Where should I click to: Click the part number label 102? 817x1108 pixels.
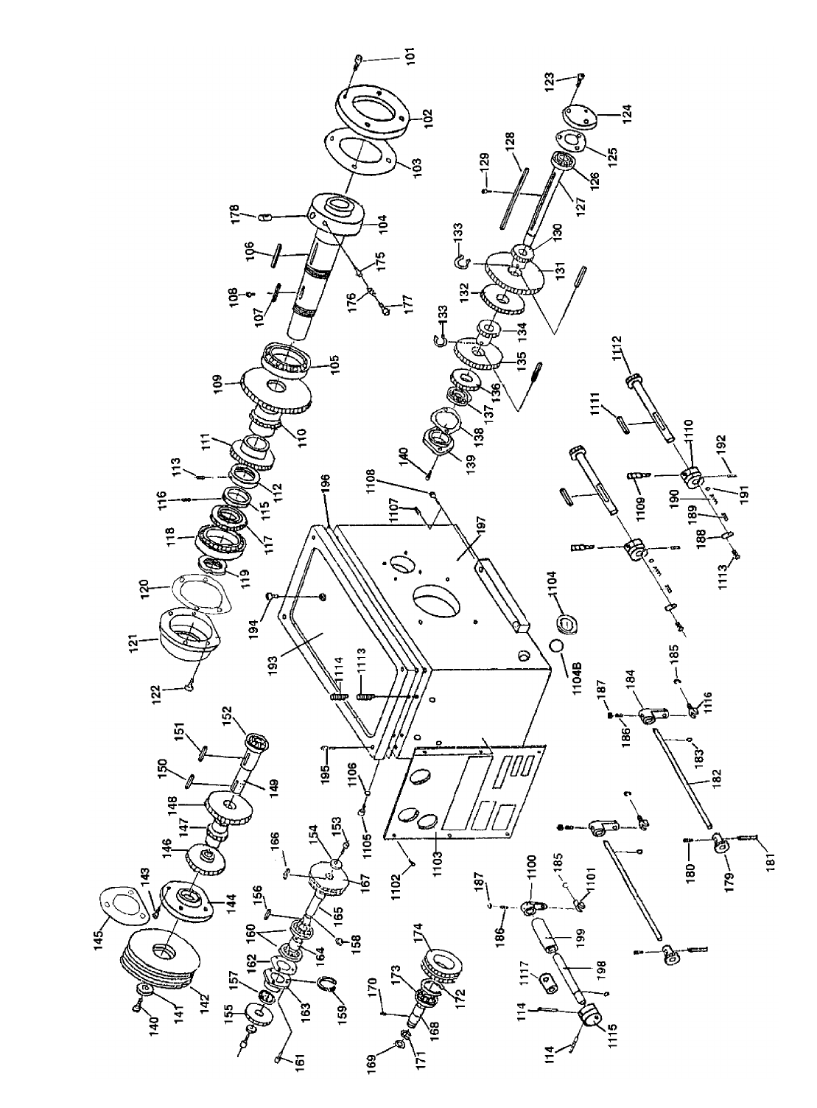(428, 118)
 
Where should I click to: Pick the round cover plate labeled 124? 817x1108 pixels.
(581, 116)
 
